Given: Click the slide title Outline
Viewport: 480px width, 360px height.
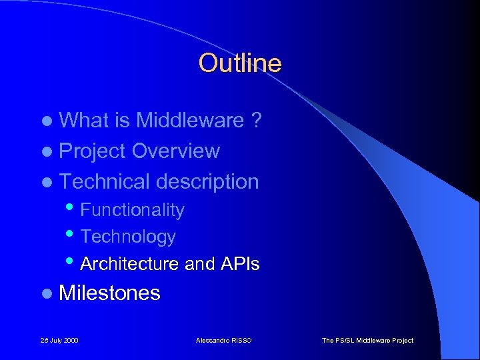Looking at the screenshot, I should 239,63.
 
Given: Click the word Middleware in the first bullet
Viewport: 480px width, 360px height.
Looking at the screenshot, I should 190,121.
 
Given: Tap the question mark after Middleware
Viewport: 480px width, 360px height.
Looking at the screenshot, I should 256,121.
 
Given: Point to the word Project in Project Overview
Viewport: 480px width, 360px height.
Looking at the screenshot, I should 93,151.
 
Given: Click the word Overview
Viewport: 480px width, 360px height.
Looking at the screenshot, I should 175,151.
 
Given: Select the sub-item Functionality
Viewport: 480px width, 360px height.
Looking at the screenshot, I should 132,210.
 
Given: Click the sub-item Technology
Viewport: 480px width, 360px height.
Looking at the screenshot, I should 128,237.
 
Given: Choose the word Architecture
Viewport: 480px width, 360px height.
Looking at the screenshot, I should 129,264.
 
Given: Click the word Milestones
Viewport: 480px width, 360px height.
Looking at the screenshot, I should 109,293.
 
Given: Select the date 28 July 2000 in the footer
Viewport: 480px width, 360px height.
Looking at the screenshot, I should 59,341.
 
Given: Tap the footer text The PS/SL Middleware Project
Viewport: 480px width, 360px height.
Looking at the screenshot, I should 367,341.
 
